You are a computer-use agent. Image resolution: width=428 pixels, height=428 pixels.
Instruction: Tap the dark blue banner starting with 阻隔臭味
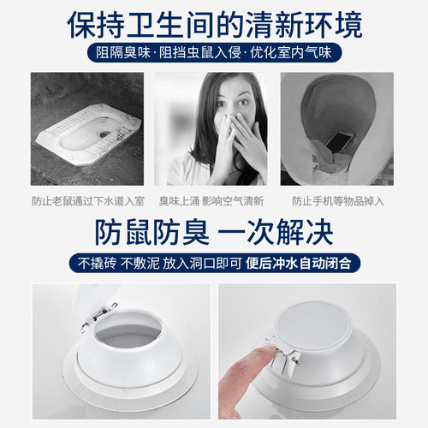(x=214, y=53)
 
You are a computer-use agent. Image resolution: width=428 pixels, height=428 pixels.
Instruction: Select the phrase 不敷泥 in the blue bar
(x=140, y=261)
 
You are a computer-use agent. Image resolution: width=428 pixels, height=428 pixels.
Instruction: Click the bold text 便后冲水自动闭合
(x=290, y=261)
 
